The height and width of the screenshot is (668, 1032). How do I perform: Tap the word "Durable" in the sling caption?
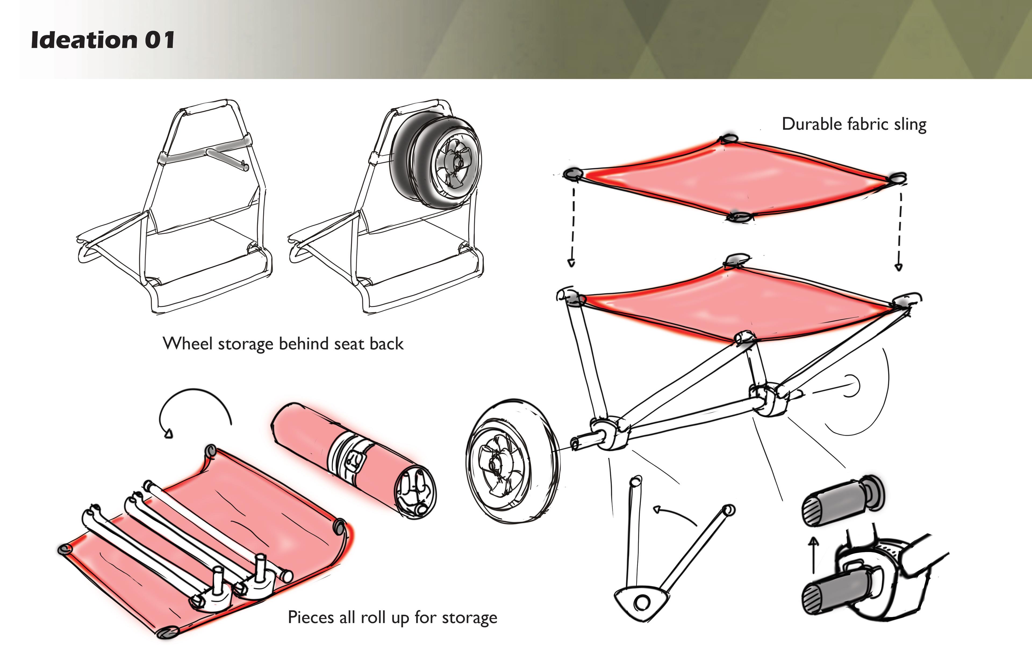tap(811, 124)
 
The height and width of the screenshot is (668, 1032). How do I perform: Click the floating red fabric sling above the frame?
tap(733, 178)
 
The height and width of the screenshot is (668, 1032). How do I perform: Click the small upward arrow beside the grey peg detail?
tap(814, 555)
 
